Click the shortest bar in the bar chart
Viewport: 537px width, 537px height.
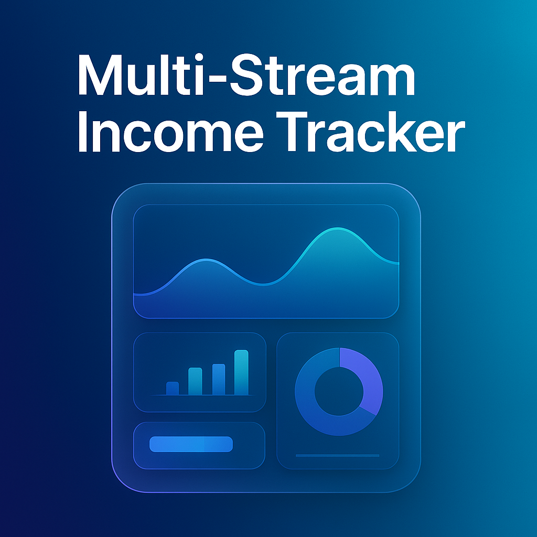click(x=173, y=388)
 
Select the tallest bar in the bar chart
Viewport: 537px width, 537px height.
click(x=241, y=372)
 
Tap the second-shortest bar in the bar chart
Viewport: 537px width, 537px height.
click(x=195, y=381)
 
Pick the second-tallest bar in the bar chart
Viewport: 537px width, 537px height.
click(x=219, y=379)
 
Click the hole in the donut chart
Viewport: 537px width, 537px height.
click(x=339, y=391)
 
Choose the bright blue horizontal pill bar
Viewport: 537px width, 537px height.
click(x=191, y=444)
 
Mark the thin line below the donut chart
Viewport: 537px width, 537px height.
click(x=337, y=456)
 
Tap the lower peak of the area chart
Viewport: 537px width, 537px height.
click(x=207, y=260)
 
